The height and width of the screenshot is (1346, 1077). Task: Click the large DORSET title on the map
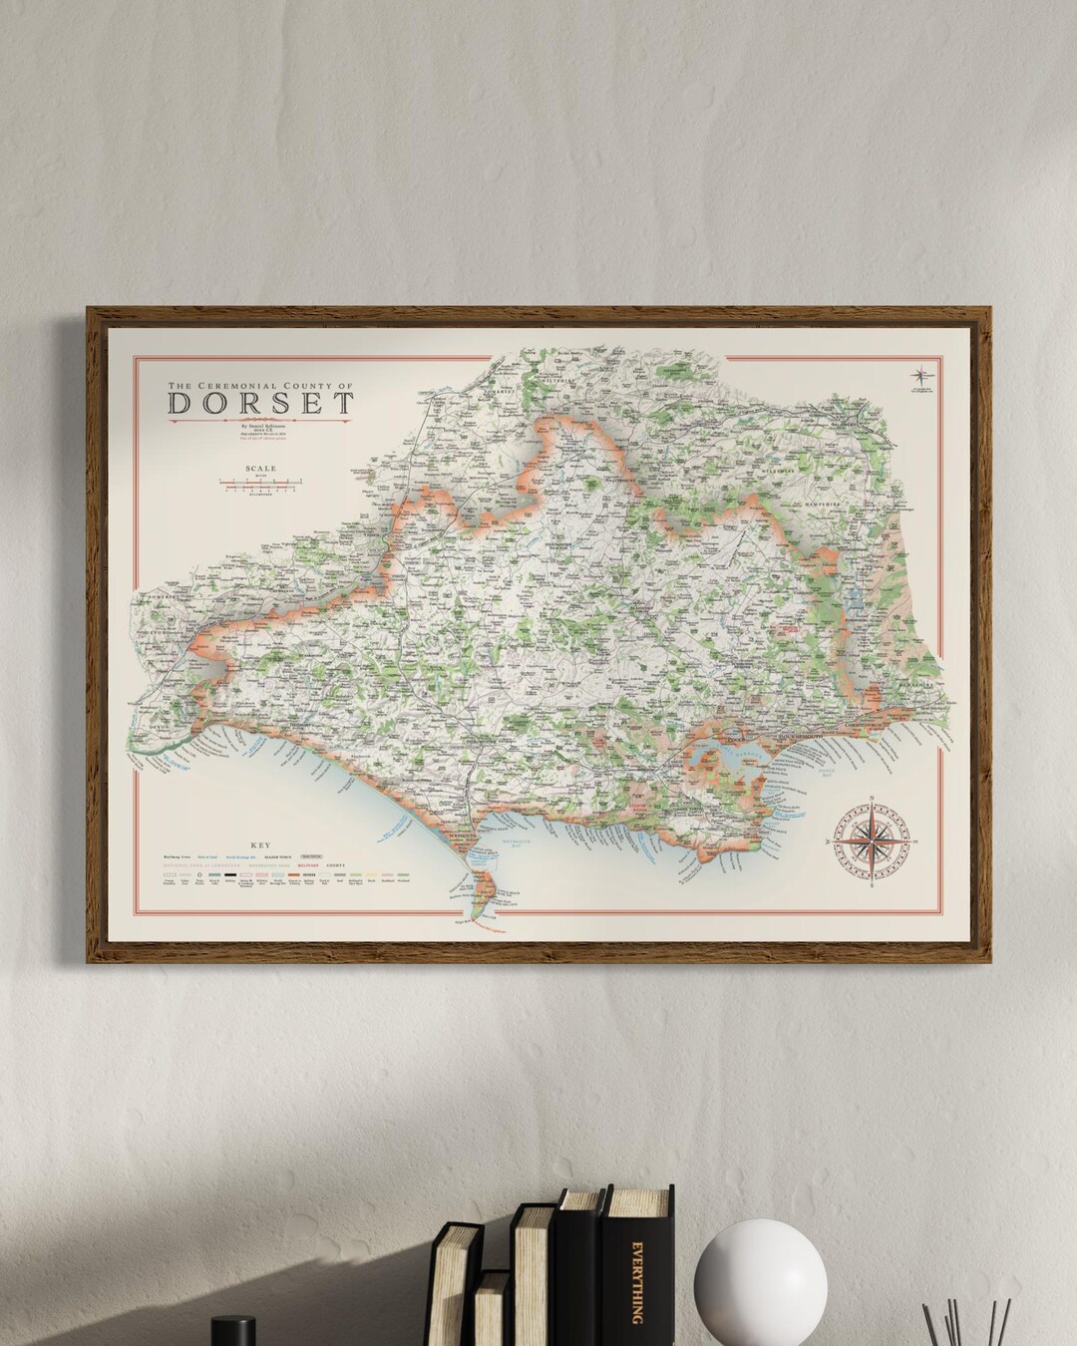(260, 403)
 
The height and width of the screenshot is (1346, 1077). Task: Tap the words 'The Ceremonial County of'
(260, 384)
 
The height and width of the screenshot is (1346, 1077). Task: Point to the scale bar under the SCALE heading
(260, 485)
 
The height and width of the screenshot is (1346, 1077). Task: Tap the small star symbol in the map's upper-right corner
(918, 376)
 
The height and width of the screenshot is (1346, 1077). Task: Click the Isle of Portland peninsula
(484, 889)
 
